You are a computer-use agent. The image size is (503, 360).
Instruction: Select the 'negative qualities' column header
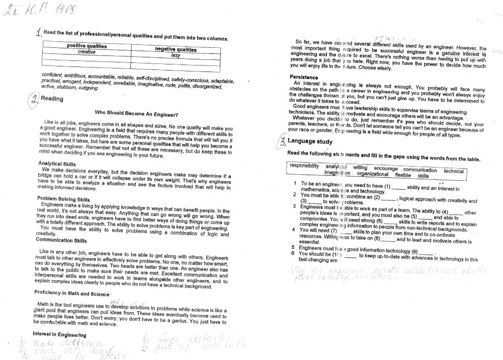175,50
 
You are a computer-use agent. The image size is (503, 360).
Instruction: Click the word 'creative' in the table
87,52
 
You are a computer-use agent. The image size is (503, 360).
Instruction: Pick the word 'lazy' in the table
176,55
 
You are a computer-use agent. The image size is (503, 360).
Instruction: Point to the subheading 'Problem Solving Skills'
63,199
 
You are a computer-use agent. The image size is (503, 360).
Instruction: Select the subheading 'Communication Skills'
61,240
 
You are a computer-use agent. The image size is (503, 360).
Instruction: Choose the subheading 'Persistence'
305,76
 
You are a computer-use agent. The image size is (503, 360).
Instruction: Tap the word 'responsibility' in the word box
304,166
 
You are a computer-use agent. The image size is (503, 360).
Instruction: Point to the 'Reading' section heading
51,99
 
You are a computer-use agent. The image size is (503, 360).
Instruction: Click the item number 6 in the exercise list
293,254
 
